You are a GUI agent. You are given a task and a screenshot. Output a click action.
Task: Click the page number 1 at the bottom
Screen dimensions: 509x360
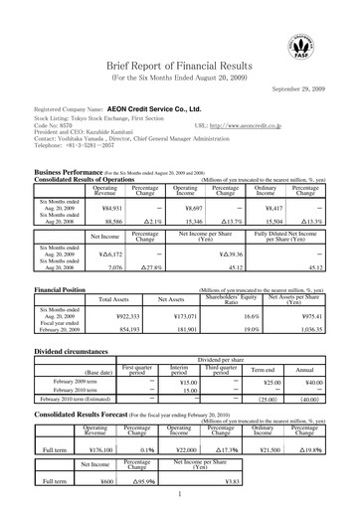pos(180,493)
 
